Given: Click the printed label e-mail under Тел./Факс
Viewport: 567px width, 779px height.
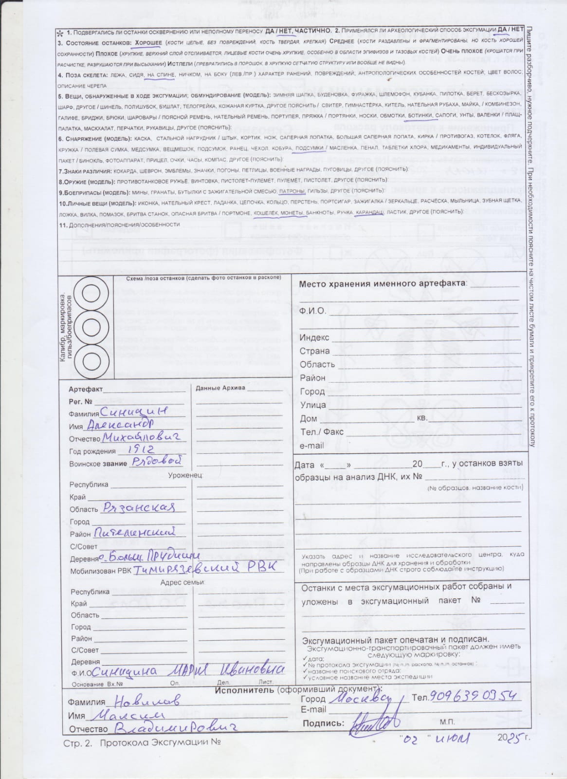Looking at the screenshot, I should pos(311,445).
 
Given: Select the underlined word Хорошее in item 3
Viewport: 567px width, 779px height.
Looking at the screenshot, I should pos(148,42).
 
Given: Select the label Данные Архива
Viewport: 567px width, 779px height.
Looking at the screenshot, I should pos(220,388).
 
